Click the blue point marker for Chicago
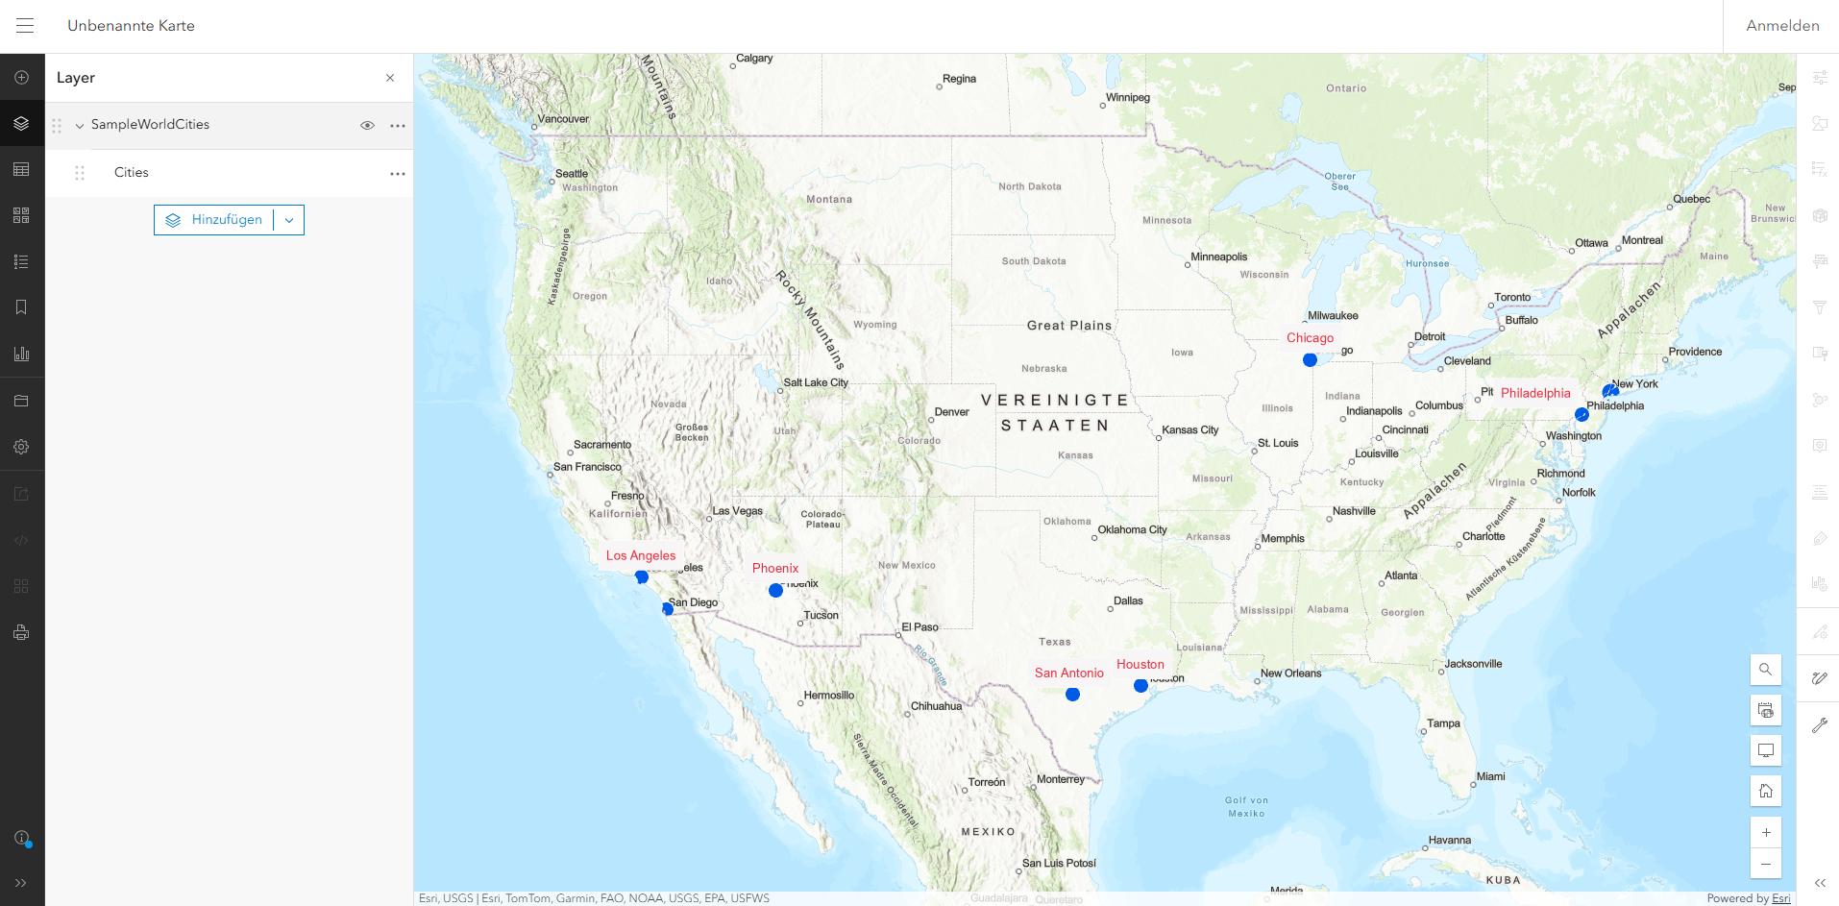tap(1310, 360)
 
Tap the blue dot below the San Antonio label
tap(1072, 695)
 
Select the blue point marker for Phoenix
tap(775, 591)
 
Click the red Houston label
tap(1140, 665)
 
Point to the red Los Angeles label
tap(640, 555)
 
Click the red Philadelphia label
tap(1535, 393)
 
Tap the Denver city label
tap(951, 412)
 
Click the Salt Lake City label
tap(816, 382)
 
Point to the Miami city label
tap(1490, 776)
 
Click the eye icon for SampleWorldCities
tap(367, 126)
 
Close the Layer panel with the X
tap(390, 78)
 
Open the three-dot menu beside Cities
tap(398, 174)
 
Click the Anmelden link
tap(1782, 26)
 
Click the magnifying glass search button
tap(1765, 670)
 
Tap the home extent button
tap(1765, 791)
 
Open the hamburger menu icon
tap(25, 26)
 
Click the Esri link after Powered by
tap(1781, 898)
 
